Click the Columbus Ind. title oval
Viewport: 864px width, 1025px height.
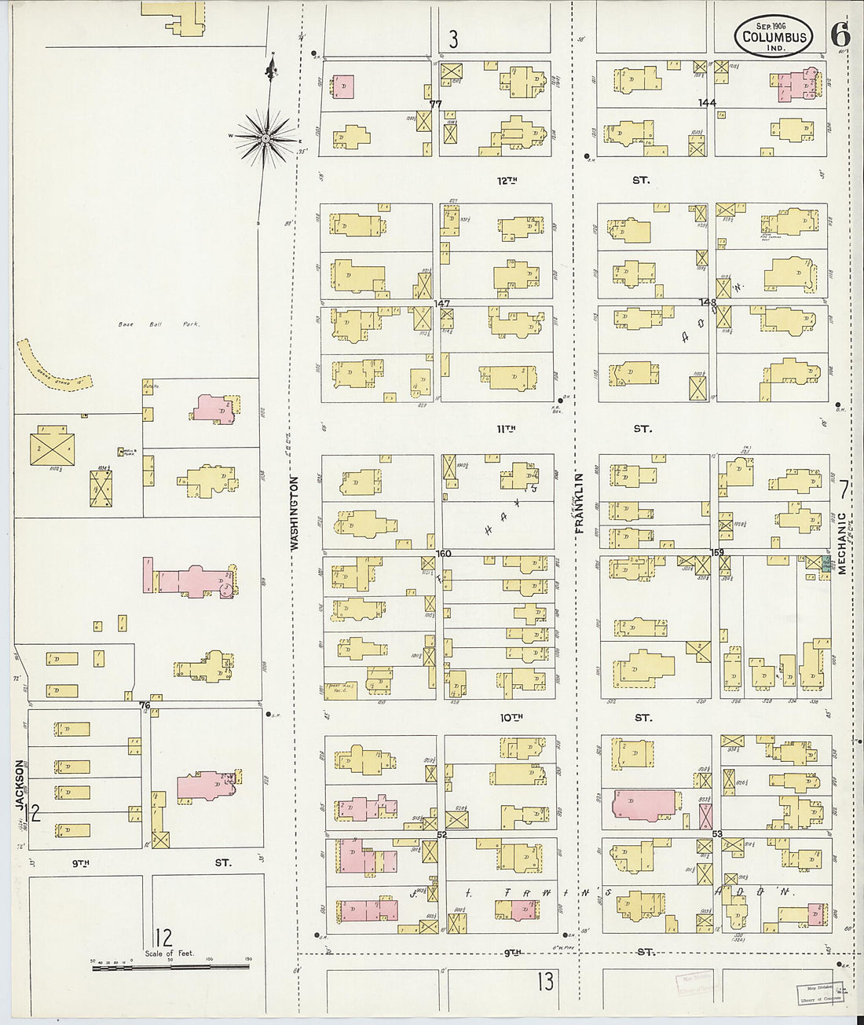(x=773, y=35)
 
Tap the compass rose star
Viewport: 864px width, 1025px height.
(x=266, y=138)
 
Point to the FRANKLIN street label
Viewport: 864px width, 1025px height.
(x=580, y=503)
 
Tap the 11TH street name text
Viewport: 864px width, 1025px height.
(x=507, y=429)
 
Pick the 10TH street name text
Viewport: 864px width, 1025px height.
(x=511, y=717)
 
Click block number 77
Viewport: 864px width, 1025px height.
(x=436, y=104)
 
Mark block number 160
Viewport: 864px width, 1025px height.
(x=444, y=553)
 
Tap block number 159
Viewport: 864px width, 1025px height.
(x=716, y=552)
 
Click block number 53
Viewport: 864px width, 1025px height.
(x=716, y=834)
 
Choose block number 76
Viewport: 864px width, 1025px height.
(x=145, y=705)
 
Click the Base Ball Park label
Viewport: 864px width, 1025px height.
(x=159, y=324)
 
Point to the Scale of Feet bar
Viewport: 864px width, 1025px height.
(x=170, y=968)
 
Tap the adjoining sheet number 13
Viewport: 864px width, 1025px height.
(x=545, y=980)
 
